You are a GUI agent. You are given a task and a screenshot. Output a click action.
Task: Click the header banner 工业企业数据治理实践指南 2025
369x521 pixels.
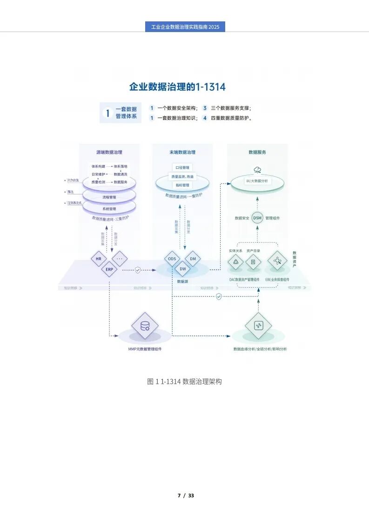[x=185, y=27]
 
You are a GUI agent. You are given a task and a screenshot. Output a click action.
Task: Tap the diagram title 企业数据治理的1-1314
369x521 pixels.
[x=177, y=87]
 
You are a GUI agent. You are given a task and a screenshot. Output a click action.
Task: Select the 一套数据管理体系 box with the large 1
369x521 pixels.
[x=121, y=113]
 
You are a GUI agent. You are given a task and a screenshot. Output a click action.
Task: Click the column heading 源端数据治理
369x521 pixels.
[x=109, y=152]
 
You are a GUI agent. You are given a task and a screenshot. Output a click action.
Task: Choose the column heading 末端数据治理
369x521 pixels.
[x=182, y=152]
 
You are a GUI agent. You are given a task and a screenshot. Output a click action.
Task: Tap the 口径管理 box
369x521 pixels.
[x=182, y=167]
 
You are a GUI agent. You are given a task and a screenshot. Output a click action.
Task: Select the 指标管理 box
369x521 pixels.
[x=182, y=185]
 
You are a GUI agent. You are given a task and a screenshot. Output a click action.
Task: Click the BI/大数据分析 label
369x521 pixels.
[x=257, y=180]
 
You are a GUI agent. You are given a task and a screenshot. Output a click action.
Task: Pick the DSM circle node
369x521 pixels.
[x=258, y=218]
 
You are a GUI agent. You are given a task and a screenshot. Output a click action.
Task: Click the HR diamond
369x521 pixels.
[x=99, y=258]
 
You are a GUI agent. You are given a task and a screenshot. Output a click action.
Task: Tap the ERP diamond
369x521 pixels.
[x=109, y=269]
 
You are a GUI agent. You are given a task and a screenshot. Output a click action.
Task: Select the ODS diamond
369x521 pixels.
[x=172, y=258]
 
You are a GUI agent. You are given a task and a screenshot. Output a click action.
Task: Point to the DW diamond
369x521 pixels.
[x=182, y=269]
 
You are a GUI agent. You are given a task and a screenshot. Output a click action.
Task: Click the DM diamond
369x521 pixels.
[x=193, y=258]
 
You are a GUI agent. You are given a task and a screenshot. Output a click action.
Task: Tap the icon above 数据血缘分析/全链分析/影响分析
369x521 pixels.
[x=258, y=325]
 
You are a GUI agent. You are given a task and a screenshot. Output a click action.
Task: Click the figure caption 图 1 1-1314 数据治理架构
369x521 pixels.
[x=184, y=382]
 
